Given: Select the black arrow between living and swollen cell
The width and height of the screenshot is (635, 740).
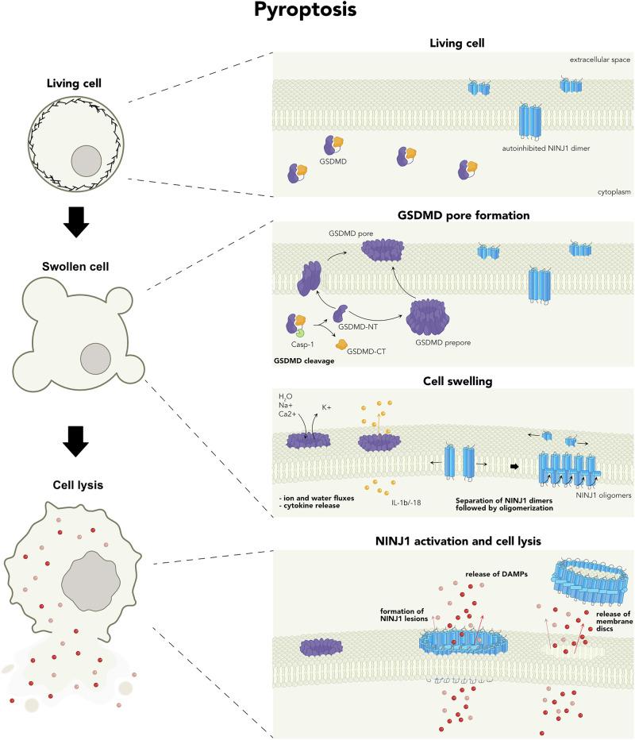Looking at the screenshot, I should pyautogui.click(x=77, y=224).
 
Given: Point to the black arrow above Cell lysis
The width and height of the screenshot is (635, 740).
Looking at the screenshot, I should pyautogui.click(x=77, y=442).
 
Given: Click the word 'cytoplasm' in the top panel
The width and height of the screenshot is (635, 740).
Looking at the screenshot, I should pyautogui.click(x=609, y=191).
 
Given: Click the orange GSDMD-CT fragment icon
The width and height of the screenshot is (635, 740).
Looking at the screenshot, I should pyautogui.click(x=342, y=345).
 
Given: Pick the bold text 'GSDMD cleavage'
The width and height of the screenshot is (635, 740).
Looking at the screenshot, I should pyautogui.click(x=314, y=361).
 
